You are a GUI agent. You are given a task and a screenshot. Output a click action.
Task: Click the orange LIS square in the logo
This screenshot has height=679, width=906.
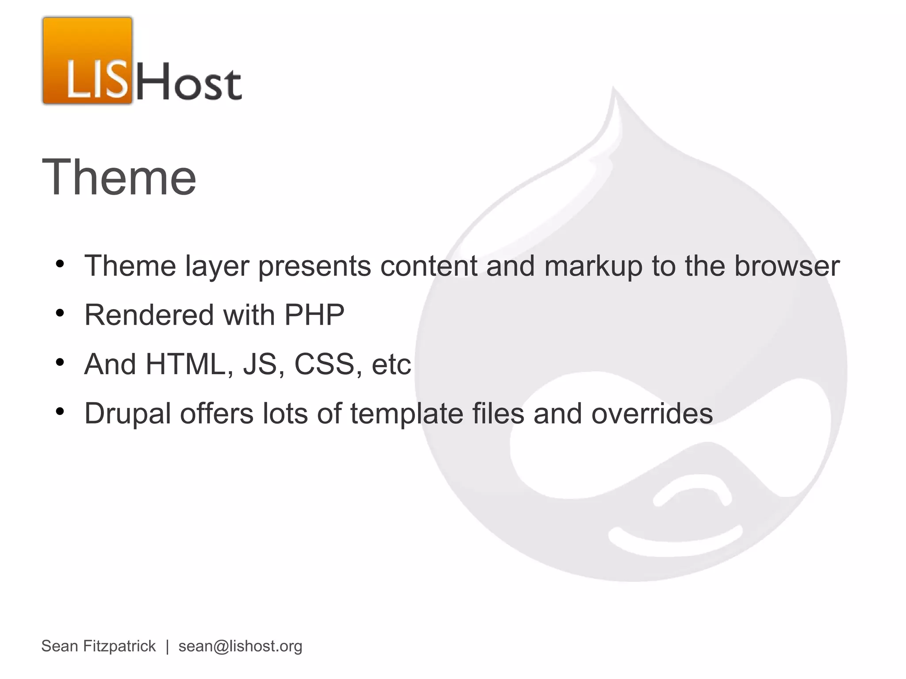[88, 61]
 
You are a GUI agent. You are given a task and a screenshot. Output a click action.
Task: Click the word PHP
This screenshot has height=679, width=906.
[314, 315]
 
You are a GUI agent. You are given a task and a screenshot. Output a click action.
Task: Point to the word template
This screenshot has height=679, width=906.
[407, 414]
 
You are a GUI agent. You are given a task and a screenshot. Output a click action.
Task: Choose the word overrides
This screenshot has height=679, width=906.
[652, 413]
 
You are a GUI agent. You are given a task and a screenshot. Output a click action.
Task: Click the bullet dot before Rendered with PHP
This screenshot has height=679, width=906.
[60, 314]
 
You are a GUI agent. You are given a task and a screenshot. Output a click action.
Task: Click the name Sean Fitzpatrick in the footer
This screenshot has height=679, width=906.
[98, 646]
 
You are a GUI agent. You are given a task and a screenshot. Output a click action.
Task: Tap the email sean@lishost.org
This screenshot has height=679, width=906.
[240, 646]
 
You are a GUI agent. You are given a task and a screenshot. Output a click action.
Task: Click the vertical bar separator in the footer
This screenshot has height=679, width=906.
[167, 646]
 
